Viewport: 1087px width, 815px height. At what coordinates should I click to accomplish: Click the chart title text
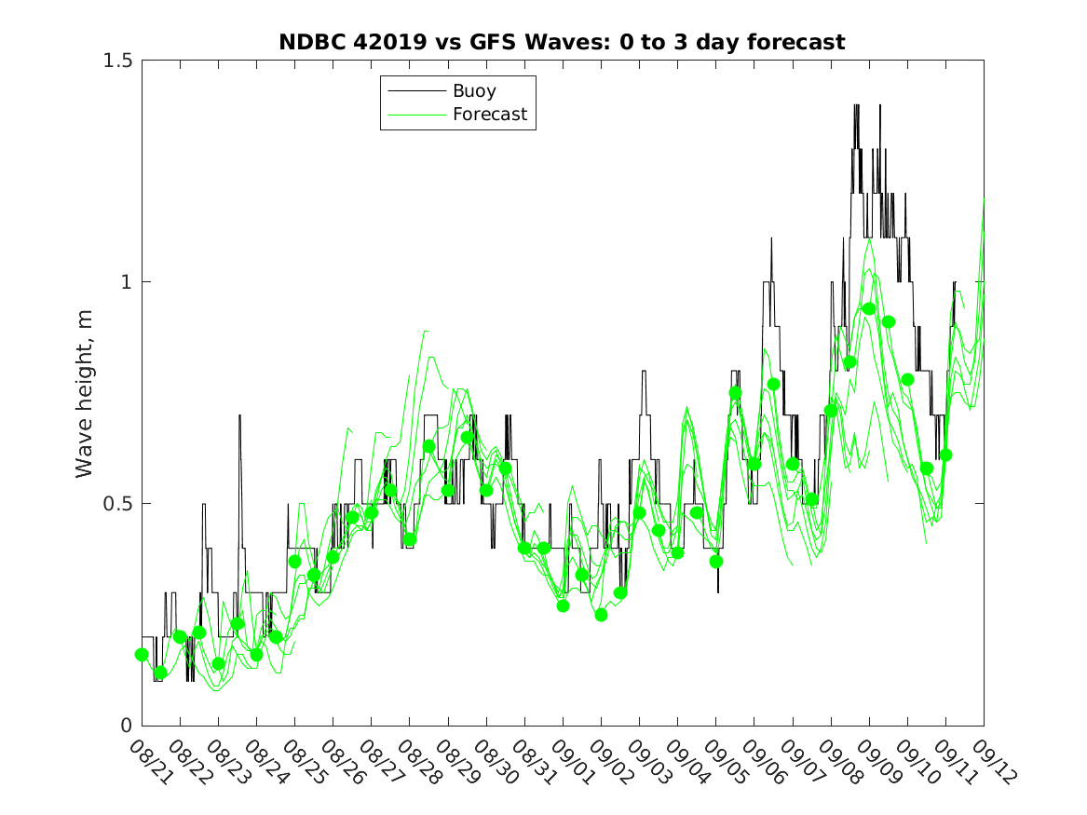[562, 42]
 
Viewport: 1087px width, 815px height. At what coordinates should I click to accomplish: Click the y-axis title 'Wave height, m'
[85, 392]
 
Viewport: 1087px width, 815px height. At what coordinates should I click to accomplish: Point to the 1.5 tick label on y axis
[117, 61]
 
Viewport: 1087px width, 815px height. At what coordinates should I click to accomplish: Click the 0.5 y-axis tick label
[117, 504]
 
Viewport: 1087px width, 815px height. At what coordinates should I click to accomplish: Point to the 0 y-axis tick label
[126, 726]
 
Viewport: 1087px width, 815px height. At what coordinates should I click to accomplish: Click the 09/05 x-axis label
[721, 761]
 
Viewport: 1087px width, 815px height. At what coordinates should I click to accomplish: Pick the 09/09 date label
[875, 761]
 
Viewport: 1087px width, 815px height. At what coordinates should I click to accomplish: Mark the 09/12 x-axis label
[989, 761]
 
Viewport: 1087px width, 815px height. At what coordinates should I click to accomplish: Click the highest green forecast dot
[869, 309]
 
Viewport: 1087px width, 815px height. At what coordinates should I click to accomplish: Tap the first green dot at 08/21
[142, 655]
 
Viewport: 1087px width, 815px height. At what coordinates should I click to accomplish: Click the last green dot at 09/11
[945, 455]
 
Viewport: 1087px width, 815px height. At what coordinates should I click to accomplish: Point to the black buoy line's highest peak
[856, 105]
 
